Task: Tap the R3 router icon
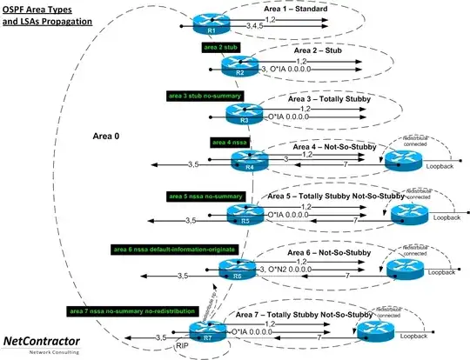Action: click(x=239, y=113)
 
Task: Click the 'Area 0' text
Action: click(x=107, y=137)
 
